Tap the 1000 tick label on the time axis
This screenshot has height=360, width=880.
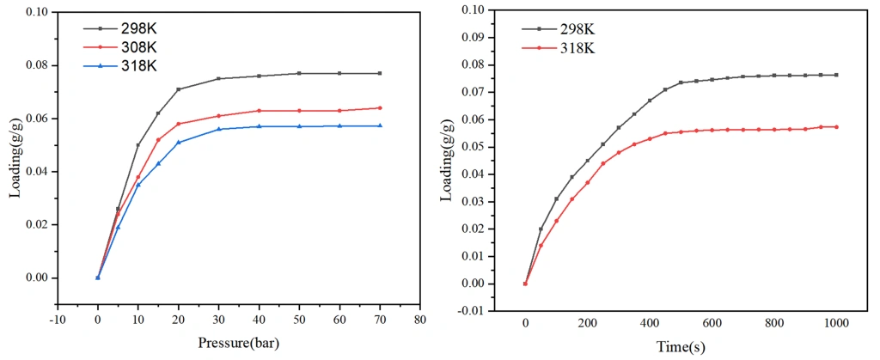(x=836, y=322)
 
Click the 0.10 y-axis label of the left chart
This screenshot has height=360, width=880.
(x=37, y=12)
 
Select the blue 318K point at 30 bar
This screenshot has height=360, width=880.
(x=219, y=129)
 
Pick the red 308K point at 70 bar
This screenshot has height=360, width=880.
(x=380, y=107)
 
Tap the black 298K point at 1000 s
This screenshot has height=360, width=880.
(x=836, y=75)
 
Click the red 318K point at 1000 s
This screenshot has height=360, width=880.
(x=836, y=127)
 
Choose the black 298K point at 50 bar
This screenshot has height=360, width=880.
(x=299, y=73)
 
